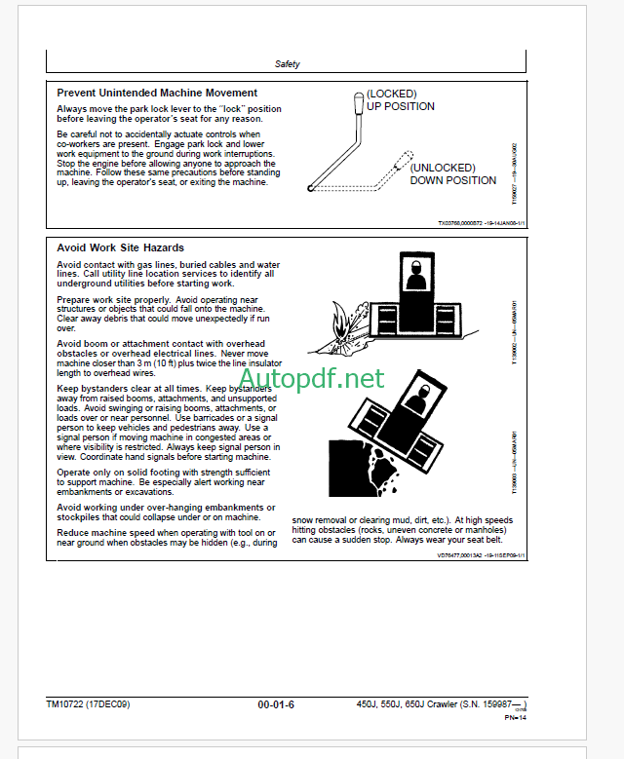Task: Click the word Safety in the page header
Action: [287, 64]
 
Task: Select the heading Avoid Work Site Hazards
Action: [120, 247]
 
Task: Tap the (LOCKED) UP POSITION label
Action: [400, 100]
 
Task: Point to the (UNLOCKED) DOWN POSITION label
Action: [452, 174]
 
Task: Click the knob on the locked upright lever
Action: [358, 101]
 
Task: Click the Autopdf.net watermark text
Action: [310, 378]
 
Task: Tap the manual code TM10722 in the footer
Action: [66, 703]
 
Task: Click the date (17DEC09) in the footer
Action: [115, 703]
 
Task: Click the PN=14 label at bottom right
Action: [515, 718]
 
